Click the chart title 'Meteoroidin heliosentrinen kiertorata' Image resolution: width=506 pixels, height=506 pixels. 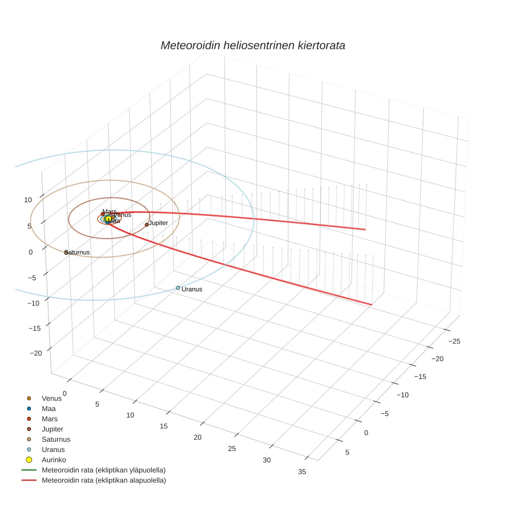252,45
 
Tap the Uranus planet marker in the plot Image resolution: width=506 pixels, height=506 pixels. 178,288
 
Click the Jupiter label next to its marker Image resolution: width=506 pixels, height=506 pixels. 158,223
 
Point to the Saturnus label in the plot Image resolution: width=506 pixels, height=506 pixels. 78,252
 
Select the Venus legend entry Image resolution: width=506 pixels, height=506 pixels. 51,398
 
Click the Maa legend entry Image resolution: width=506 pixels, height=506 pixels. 48,408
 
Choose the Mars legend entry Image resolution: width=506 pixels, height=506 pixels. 49,419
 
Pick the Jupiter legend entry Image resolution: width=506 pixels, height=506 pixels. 52,429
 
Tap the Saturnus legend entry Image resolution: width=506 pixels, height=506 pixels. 56,439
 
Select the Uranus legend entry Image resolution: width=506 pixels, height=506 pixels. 53,449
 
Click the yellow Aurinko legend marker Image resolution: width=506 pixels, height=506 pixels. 29,460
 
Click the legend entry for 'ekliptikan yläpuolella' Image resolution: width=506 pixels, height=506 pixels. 103,470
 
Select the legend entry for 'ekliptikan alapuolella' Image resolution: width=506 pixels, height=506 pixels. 103,480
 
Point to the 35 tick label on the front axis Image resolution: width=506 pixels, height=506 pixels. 302,472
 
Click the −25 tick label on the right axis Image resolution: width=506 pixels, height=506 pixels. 454,341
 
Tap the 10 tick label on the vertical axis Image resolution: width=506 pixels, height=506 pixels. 28,200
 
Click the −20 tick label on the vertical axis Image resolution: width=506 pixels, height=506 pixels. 36,353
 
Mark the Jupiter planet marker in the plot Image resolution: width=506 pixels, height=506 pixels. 147,225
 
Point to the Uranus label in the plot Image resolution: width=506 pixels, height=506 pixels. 192,290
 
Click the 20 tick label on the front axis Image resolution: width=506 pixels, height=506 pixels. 198,437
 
